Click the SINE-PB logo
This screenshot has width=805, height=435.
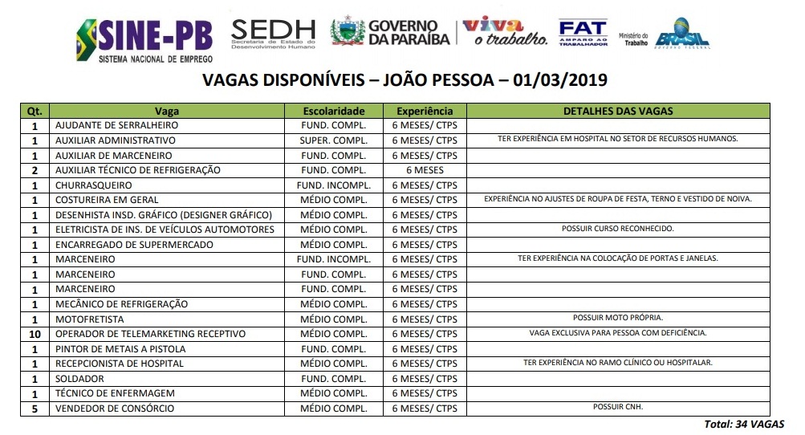pos(144,39)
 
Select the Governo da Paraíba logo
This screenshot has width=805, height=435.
pos(390,33)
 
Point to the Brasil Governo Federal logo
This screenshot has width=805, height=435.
pos(681,34)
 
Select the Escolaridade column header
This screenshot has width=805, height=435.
pos(334,111)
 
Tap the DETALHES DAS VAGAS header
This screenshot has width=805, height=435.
pos(617,111)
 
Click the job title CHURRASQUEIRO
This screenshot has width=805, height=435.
pos(94,185)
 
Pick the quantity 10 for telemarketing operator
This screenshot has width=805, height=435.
pos(35,334)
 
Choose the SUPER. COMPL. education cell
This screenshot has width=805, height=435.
pos(334,140)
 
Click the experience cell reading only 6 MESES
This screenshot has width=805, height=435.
pos(425,170)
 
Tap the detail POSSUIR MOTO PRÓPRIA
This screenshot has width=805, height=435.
pos(617,318)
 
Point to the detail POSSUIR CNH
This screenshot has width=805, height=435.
pos(617,407)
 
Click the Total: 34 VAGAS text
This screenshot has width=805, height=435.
pos(744,424)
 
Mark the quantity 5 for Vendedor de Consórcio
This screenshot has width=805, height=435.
pos(35,409)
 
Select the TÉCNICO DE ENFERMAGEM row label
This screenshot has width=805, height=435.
pos(114,393)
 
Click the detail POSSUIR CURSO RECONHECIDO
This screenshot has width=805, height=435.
pos(617,229)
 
